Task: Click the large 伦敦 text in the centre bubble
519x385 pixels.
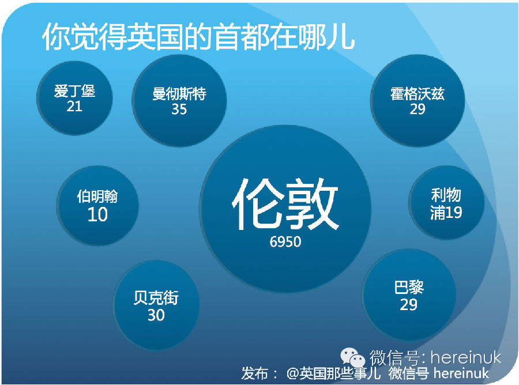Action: point(285,204)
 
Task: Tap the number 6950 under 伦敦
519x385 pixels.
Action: point(285,242)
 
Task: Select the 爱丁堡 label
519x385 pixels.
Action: point(75,91)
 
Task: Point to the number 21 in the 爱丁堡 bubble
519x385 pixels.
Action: point(74,107)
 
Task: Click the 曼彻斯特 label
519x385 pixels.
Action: point(179,93)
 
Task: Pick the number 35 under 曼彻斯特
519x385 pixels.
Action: point(179,109)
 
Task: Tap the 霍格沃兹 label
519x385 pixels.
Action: point(418,93)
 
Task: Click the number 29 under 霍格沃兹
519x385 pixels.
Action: point(418,109)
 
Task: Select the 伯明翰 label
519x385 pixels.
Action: point(97,196)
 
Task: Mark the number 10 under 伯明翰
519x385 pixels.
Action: point(97,214)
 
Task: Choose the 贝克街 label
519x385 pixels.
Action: point(156,297)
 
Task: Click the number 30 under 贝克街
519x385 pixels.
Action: point(156,315)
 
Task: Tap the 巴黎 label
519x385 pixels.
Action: point(409,287)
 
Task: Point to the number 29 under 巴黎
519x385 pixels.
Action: point(408,305)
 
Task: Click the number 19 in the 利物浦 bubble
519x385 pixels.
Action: point(454,212)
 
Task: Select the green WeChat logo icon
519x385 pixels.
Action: point(353,357)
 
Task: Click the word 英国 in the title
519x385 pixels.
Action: point(156,37)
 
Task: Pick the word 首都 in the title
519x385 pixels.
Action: point(242,37)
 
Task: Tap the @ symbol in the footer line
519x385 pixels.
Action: point(292,373)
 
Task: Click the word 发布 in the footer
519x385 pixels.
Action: point(254,373)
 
